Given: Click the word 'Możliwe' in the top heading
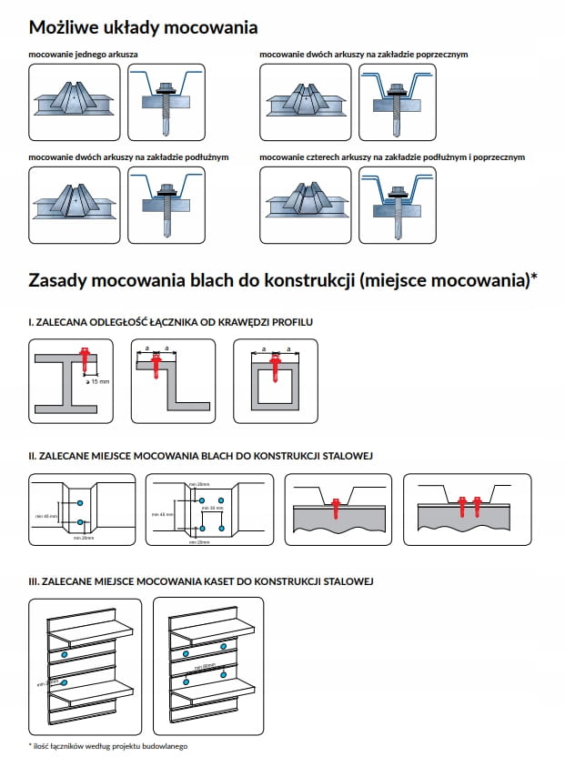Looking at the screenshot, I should click(65, 28).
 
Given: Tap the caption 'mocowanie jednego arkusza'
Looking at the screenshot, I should click(84, 56).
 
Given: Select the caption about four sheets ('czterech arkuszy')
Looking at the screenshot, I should click(391, 157).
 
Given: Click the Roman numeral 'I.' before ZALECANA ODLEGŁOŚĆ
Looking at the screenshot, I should click(32, 322).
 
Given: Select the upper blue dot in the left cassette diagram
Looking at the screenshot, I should click(65, 654).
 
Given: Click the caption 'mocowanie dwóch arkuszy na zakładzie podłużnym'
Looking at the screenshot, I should click(128, 157).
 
